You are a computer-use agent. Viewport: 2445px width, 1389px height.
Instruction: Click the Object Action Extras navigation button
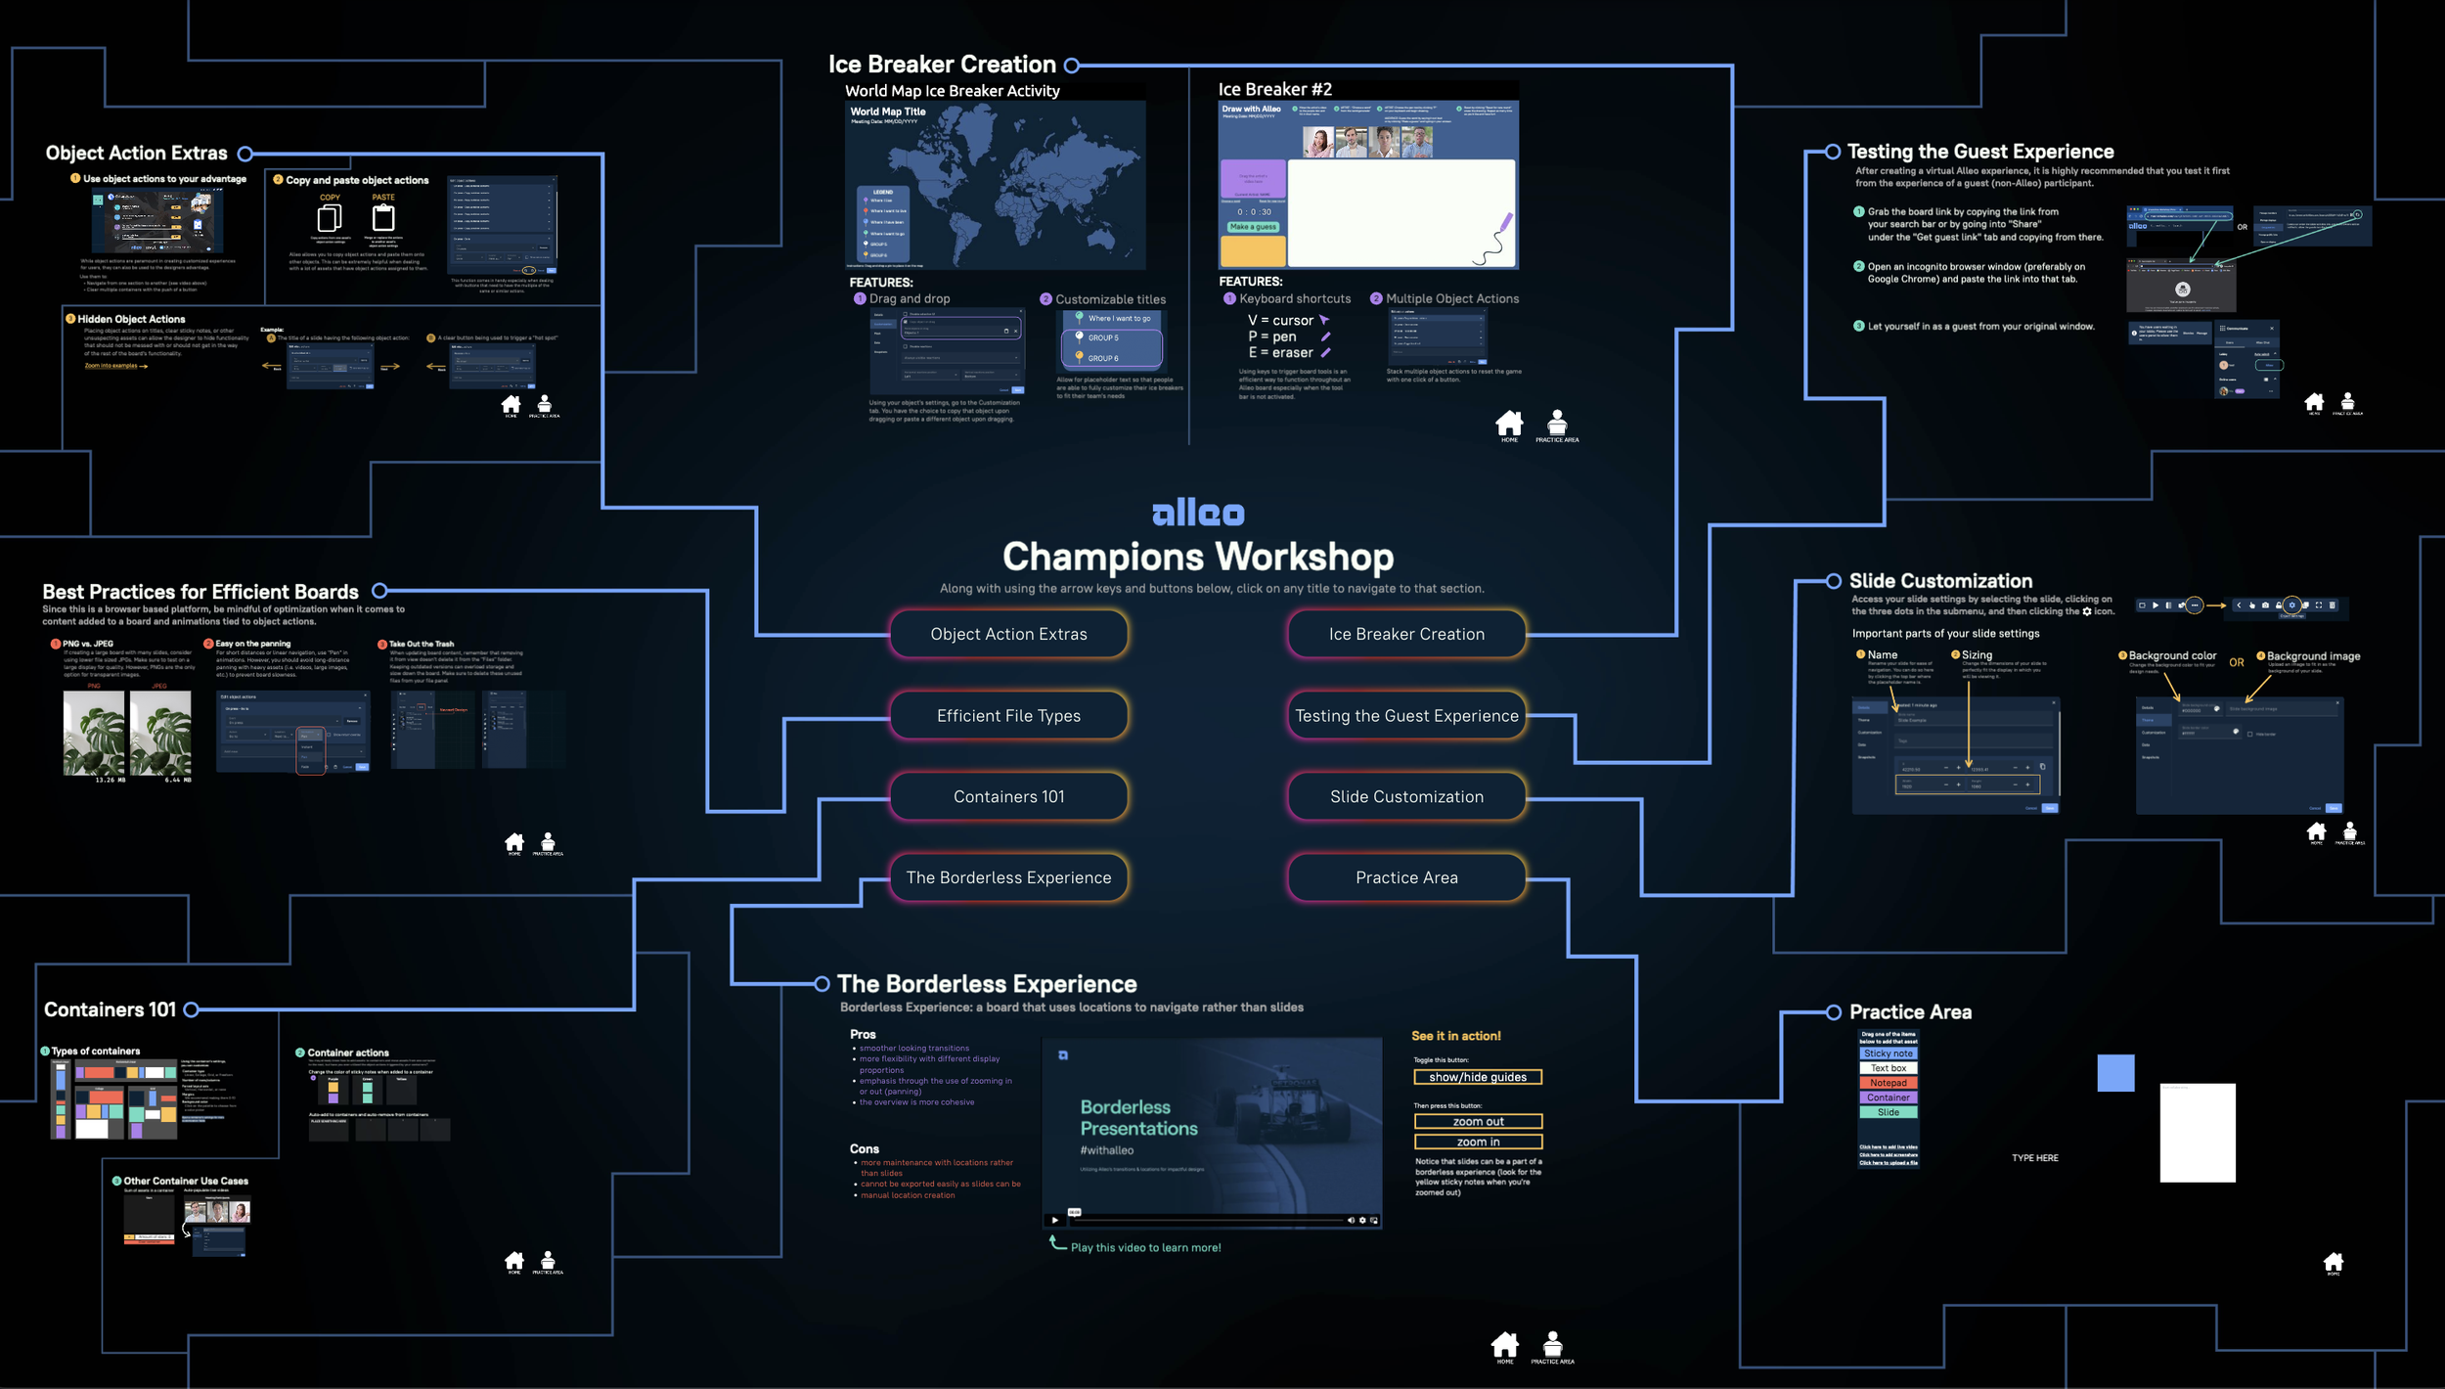tap(1008, 634)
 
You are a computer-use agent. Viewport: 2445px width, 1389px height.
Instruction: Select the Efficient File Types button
tap(1008, 716)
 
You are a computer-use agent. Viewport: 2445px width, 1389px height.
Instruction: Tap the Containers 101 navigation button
tap(1008, 797)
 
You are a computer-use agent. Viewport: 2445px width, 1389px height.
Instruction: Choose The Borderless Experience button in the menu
tap(1008, 878)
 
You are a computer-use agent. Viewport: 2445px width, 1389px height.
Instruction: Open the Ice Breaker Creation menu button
tap(1406, 634)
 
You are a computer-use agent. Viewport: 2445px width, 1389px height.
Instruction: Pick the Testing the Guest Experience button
tap(1406, 716)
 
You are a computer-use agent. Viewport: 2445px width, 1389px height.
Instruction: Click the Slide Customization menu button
tap(1406, 797)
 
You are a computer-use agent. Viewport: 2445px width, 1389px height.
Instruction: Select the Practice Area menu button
tap(1406, 878)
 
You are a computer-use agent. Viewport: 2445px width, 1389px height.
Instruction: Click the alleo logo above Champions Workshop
tap(1198, 513)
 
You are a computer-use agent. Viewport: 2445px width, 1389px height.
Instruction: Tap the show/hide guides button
tap(1478, 1077)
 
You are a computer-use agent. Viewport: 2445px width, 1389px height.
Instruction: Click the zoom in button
tap(1478, 1142)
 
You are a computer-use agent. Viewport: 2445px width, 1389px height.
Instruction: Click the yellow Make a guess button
tap(1253, 227)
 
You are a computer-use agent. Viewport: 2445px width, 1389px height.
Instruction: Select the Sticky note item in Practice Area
tap(1888, 1053)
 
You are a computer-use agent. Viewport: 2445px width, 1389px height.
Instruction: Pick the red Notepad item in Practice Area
tap(1888, 1083)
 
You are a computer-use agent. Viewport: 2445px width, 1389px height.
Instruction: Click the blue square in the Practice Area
tap(2115, 1073)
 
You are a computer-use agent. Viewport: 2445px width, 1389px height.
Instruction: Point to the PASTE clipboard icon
tap(383, 217)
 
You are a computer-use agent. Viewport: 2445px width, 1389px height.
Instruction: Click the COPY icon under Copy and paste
tap(330, 217)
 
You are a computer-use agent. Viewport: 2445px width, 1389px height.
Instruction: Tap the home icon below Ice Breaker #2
tap(1509, 423)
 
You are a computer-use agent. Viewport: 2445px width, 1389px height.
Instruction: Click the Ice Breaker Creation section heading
tap(942, 65)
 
